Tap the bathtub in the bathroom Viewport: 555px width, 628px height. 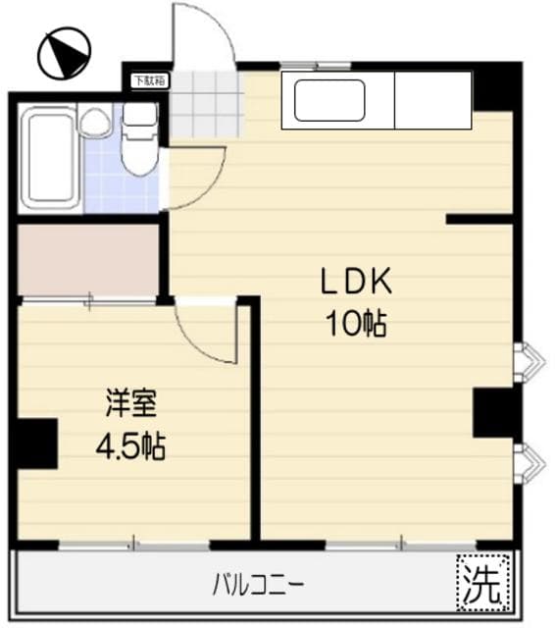coord(48,157)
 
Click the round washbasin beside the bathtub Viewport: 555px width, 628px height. coord(95,122)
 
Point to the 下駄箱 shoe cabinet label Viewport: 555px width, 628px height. coord(149,80)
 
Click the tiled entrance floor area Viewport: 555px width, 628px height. coord(206,105)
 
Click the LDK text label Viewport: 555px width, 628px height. coord(355,283)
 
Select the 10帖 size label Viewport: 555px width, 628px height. coord(355,323)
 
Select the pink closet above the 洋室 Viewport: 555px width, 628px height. coord(88,259)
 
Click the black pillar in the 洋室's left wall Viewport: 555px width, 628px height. coord(35,443)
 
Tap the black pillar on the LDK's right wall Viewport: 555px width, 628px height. coord(495,412)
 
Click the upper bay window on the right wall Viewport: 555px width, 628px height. coord(528,360)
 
